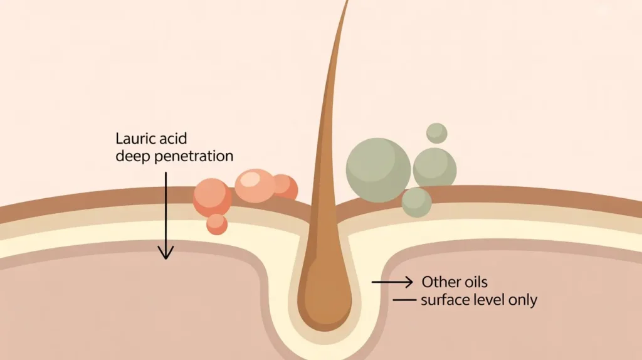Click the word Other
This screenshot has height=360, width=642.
441,282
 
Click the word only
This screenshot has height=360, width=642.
524,300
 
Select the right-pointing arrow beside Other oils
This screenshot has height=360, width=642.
392,282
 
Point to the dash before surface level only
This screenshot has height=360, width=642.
404,301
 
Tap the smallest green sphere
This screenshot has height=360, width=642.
436,133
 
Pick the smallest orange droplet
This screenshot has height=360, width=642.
216,224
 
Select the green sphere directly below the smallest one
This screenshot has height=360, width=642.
434,167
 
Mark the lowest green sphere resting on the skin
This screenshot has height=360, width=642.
416,201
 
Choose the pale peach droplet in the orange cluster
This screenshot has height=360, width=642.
255,186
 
